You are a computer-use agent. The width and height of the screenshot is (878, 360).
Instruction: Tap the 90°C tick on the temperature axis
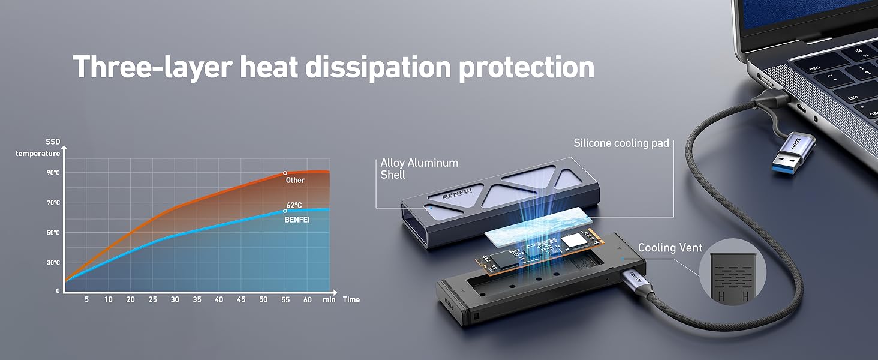(54, 173)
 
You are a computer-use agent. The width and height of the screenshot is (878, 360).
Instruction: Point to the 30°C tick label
(54, 263)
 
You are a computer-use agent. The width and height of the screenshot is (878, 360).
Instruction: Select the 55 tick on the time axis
(285, 299)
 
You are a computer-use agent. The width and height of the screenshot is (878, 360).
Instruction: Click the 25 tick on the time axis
(152, 299)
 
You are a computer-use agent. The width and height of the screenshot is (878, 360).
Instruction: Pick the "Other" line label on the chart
(295, 180)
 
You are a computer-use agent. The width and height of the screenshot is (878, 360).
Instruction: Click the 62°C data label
(294, 205)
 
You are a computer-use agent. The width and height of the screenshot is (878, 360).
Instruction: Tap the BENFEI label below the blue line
(297, 220)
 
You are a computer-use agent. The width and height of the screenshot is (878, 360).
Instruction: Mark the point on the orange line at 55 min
(285, 173)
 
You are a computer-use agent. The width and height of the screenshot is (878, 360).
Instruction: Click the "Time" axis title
(351, 299)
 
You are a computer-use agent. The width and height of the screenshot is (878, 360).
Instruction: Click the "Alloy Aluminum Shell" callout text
(419, 169)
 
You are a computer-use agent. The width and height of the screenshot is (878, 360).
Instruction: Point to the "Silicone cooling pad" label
(621, 143)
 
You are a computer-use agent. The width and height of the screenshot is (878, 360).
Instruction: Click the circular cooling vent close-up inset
(729, 272)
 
